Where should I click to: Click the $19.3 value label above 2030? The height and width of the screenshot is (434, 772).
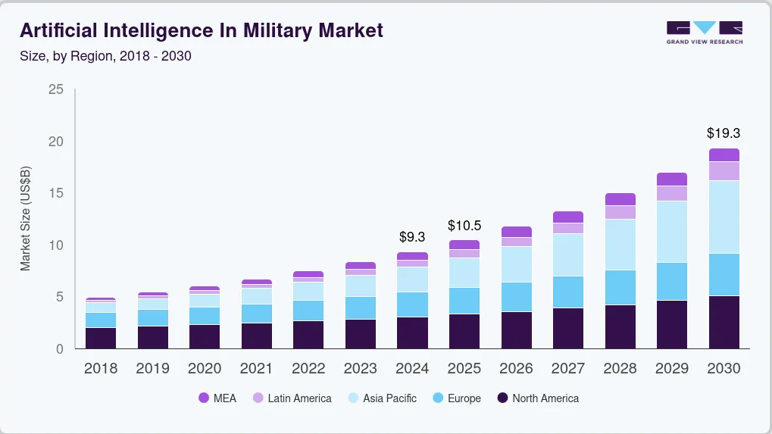point(723,133)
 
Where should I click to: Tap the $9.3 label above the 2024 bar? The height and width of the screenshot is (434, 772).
point(412,237)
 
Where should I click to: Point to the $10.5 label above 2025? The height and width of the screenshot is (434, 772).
point(464,226)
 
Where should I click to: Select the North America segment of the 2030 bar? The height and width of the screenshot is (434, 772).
point(724,322)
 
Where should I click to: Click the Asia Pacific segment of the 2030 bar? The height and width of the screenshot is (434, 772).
point(724,217)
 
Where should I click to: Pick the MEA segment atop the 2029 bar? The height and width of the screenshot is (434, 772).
point(672,180)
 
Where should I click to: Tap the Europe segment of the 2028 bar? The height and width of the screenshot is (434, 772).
point(620,287)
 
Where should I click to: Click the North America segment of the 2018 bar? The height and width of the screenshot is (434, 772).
point(101,338)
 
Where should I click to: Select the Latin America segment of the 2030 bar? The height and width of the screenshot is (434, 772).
point(724,171)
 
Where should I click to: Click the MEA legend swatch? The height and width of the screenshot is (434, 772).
point(203,398)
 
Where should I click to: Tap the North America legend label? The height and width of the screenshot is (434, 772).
point(545,398)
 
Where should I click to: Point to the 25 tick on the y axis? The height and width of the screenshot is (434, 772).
point(55,90)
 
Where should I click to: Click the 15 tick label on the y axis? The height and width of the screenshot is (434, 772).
point(55,194)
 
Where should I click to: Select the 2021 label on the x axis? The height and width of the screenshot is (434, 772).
point(256,369)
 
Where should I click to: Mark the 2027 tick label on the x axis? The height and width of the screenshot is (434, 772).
point(567,369)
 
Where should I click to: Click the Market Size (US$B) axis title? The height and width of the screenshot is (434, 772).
point(26,219)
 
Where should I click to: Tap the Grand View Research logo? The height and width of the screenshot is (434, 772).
point(705,32)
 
